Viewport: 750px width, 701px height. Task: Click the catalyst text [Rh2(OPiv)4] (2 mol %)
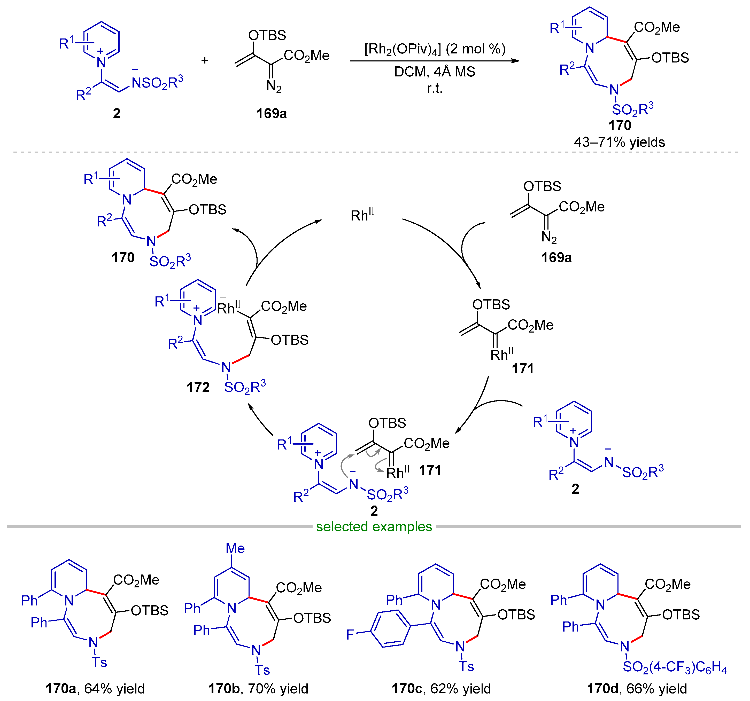[x=435, y=49]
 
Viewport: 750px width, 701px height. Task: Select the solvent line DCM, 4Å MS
[x=435, y=71]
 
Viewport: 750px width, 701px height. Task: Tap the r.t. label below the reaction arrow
[x=435, y=88]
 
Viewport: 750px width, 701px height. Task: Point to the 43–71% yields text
[x=620, y=142]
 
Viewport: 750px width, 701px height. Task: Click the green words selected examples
[x=374, y=526]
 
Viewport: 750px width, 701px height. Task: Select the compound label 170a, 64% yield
[x=95, y=689]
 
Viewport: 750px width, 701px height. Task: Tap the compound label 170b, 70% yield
[x=258, y=689]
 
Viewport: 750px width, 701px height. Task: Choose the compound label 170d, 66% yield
[x=637, y=689]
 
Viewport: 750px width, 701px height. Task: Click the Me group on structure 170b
[x=235, y=548]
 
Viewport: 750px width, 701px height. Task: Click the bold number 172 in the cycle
[x=198, y=387]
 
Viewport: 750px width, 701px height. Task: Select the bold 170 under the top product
[x=620, y=125]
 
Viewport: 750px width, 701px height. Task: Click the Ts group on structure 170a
[x=100, y=663]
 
